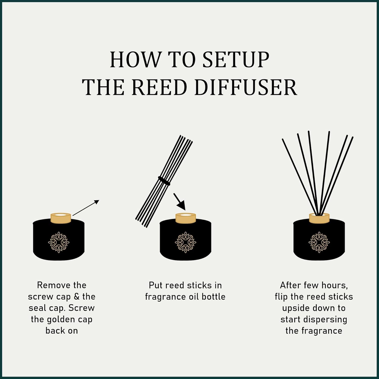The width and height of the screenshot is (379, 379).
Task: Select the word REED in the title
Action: click(159, 87)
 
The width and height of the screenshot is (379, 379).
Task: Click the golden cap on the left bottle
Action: click(61, 218)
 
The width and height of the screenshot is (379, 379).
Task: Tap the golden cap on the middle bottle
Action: click(186, 218)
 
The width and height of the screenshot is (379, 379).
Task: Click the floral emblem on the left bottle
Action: click(59, 242)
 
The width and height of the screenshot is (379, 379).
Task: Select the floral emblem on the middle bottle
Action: click(185, 242)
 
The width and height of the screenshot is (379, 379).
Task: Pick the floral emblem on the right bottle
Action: click(319, 242)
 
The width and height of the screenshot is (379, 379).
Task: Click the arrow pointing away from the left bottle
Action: click(86, 208)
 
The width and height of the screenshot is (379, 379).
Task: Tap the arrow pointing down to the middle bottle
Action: click(180, 202)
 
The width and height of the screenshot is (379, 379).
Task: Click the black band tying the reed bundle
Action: click(164, 181)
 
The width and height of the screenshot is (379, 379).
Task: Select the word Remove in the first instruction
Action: click(52, 285)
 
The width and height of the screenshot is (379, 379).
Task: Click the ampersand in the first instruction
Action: click(77, 297)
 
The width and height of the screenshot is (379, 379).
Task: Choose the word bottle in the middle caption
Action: click(213, 297)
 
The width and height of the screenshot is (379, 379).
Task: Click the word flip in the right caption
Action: click(281, 297)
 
